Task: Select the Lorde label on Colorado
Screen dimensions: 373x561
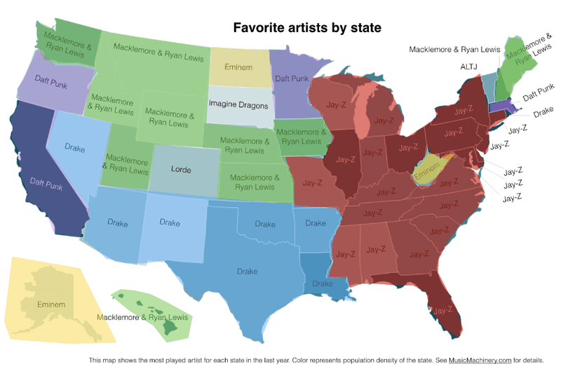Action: click(x=181, y=169)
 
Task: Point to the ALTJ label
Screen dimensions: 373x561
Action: click(x=468, y=65)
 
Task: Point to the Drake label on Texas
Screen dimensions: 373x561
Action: click(x=247, y=271)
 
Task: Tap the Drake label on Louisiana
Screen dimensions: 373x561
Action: click(x=322, y=283)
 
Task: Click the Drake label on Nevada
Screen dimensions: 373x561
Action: click(x=74, y=148)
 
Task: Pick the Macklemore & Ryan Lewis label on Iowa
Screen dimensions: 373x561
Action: click(x=304, y=136)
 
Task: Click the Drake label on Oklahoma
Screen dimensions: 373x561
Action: click(x=264, y=225)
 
